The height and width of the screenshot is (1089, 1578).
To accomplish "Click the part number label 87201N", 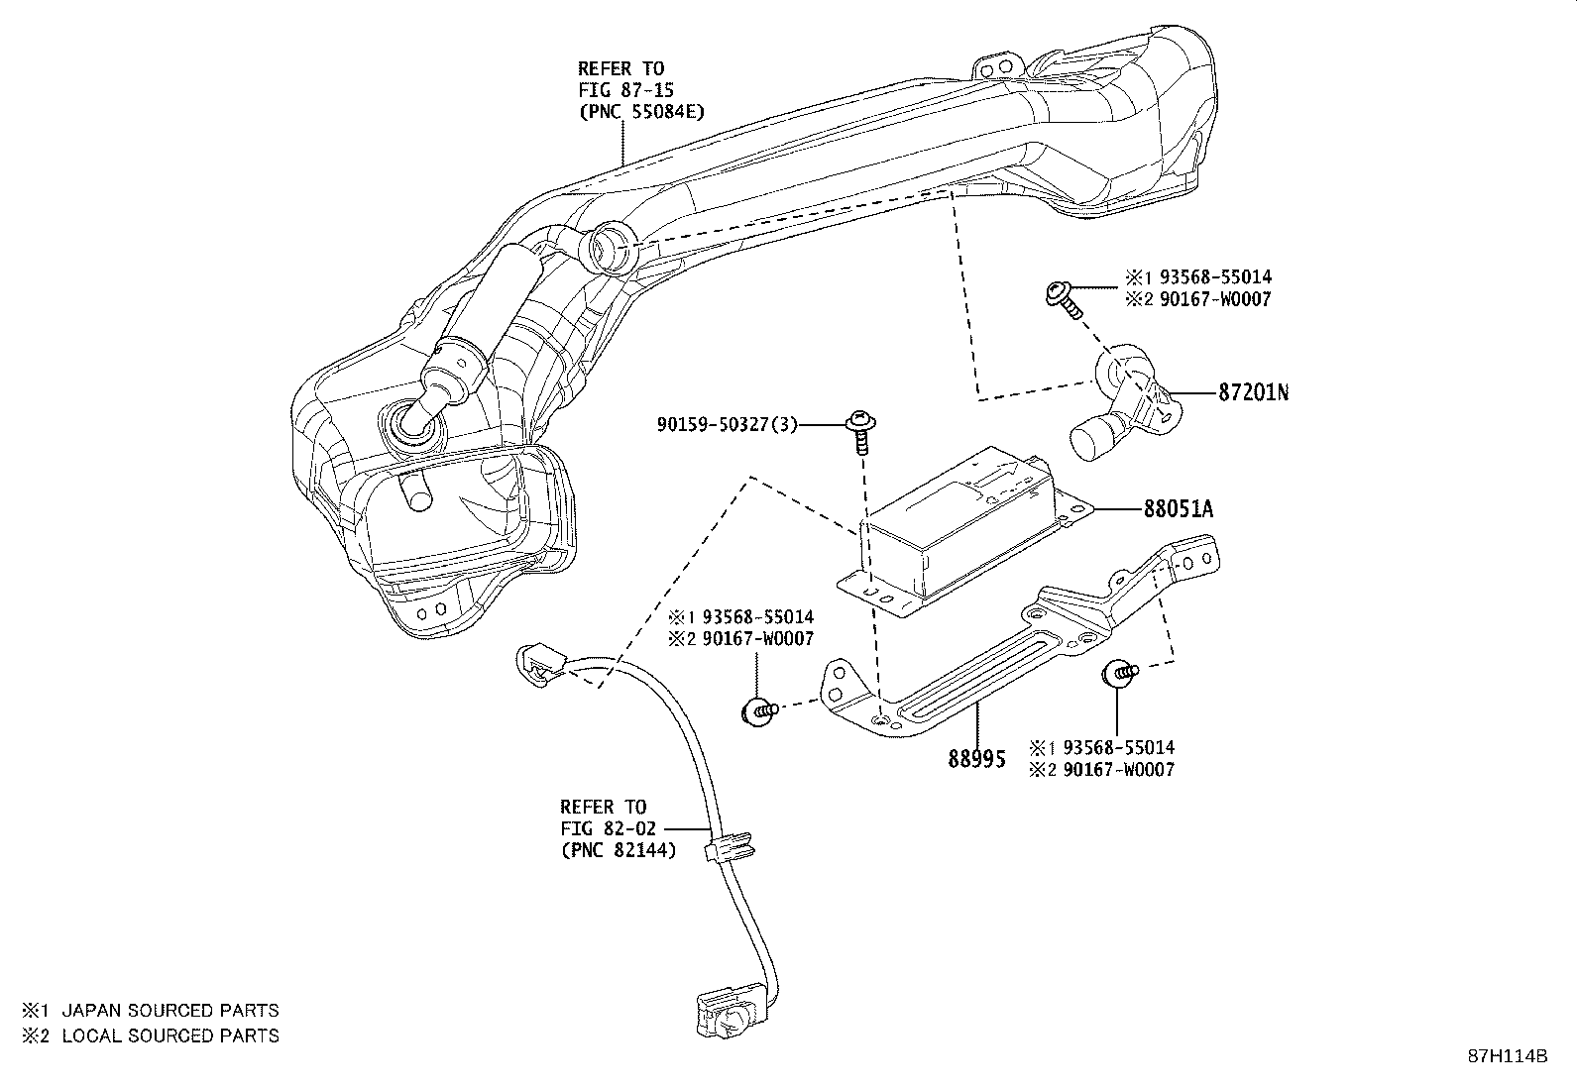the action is click(1253, 392).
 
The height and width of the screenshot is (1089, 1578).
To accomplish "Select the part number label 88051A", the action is click(1179, 508).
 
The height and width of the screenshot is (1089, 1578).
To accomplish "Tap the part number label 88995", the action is click(976, 759).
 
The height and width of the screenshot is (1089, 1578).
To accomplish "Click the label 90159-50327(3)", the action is click(727, 425).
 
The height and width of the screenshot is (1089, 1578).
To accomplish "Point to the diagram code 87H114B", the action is click(1508, 1056).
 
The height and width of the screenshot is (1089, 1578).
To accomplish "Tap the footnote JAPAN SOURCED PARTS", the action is click(170, 1010).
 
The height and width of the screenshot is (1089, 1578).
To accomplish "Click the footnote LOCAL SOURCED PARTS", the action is click(170, 1035).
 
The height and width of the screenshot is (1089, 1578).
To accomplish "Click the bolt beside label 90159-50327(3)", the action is click(860, 432).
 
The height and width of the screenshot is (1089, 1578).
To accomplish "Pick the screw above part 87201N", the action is click(1063, 299).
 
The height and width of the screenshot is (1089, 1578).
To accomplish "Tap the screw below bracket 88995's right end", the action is click(1119, 673).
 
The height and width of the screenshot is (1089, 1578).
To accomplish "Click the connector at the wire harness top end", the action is click(540, 663).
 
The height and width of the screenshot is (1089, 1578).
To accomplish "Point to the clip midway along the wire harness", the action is click(730, 846).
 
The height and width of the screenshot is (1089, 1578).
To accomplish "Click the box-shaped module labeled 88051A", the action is click(965, 533).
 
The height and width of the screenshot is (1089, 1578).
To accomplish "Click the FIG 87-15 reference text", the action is click(626, 91).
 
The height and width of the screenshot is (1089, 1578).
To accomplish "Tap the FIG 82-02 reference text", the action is click(608, 828).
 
